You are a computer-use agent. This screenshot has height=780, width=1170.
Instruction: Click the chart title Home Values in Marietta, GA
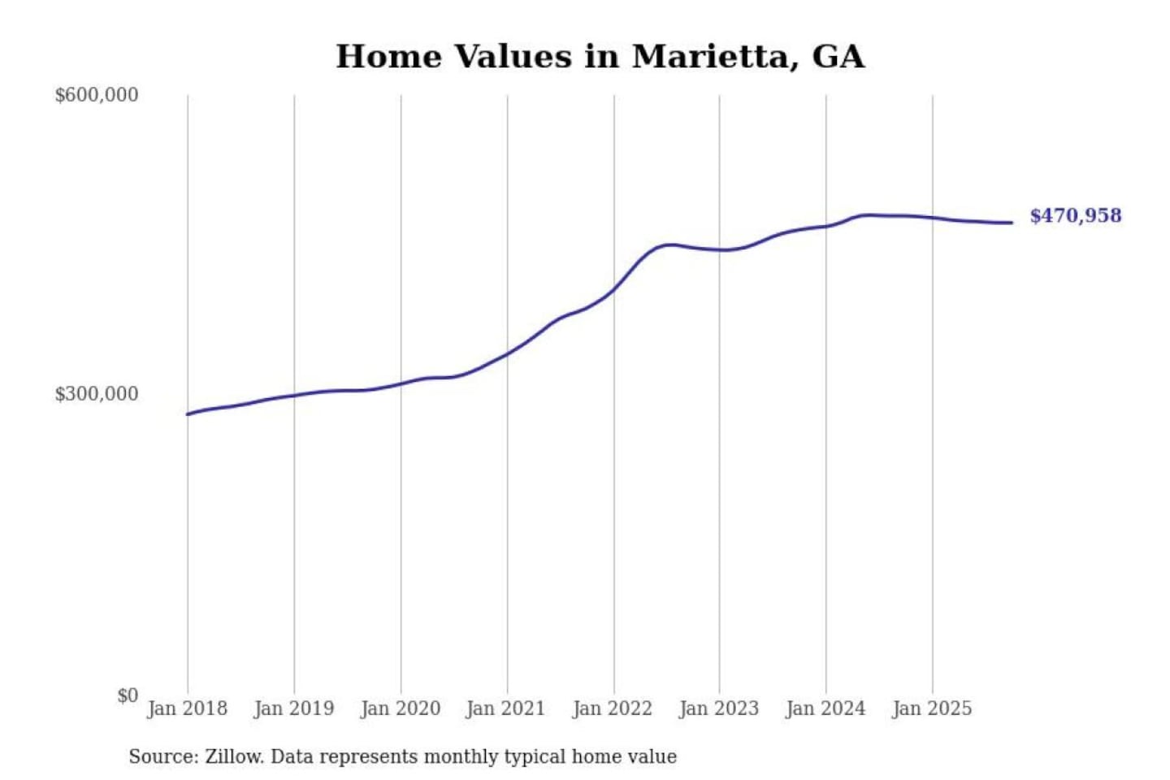click(x=600, y=56)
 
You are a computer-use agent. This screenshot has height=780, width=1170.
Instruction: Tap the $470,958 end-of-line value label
click(x=1075, y=215)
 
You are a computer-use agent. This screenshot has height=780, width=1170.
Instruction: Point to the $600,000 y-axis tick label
click(x=97, y=95)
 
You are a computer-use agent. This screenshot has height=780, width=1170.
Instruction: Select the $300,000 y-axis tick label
click(x=97, y=394)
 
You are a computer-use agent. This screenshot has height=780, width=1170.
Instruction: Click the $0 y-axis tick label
click(x=128, y=695)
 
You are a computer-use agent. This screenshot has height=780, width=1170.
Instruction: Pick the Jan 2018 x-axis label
click(x=187, y=708)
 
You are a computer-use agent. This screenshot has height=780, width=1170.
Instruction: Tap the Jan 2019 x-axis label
click(x=293, y=708)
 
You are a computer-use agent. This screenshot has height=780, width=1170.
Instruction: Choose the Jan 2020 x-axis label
click(x=400, y=708)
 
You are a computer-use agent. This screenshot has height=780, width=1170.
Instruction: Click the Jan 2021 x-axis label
click(x=505, y=708)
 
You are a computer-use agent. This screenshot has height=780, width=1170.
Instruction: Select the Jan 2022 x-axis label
click(x=612, y=708)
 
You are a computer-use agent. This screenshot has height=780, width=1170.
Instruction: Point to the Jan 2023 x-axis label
click(x=718, y=708)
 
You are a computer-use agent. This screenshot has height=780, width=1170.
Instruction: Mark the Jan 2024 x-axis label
click(x=825, y=708)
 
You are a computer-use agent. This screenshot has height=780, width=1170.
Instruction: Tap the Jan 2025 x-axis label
click(x=931, y=708)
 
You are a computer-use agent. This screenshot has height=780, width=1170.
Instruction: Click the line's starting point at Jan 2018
click(x=188, y=414)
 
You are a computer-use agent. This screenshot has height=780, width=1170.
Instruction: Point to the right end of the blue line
click(x=1012, y=223)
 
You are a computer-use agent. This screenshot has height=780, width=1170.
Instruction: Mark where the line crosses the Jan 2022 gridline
click(x=614, y=288)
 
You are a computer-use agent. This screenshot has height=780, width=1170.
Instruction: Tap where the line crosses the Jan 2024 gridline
click(x=826, y=226)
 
